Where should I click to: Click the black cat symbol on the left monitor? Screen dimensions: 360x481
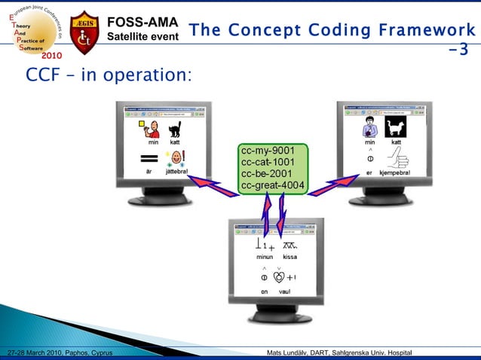point(176,129)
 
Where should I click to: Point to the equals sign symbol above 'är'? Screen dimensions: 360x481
point(149,160)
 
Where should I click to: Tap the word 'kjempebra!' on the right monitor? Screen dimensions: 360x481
point(394,172)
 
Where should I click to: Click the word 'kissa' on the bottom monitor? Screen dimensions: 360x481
point(290,257)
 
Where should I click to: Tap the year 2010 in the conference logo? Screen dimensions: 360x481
point(52,56)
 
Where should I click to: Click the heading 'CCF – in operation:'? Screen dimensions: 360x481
point(109,76)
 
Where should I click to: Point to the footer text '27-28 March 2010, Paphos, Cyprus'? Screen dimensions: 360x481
point(59,353)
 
